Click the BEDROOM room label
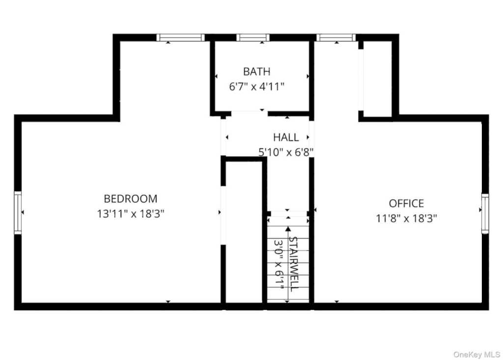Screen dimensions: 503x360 [x=131, y=198]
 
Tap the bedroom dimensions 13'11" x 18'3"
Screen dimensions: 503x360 [x=131, y=214]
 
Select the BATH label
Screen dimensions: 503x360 [x=256, y=71]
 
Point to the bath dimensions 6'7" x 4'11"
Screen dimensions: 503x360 [x=256, y=86]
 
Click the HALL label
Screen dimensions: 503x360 [x=286, y=138]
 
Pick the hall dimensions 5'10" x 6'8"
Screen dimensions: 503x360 [x=286, y=152]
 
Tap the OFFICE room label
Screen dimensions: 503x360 [x=406, y=203]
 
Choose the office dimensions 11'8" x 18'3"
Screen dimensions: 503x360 [x=406, y=219]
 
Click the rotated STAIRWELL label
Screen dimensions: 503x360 [x=294, y=264]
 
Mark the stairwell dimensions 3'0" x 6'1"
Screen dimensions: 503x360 [x=279, y=264]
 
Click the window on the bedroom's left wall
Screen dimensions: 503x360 [x=18, y=212]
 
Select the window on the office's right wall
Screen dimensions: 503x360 [x=485, y=213]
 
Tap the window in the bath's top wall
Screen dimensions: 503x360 [x=253, y=37]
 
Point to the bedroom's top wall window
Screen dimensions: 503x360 [x=181, y=37]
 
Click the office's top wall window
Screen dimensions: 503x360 [x=336, y=37]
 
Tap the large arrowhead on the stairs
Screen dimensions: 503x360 [x=288, y=229]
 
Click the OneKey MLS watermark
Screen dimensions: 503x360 [x=476, y=355]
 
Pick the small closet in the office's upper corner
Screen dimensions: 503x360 [x=377, y=79]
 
